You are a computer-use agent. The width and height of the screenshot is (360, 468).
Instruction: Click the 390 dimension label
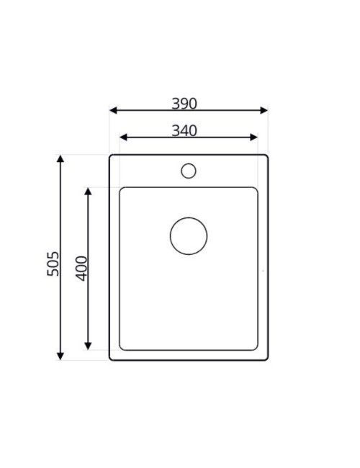pyautogui.click(x=184, y=104)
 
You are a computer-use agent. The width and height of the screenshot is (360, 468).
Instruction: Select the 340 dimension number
pyautogui.click(x=184, y=131)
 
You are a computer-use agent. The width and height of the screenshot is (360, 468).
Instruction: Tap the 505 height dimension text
pyautogui.click(x=53, y=264)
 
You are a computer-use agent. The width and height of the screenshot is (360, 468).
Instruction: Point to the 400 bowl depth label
pyautogui.click(x=81, y=269)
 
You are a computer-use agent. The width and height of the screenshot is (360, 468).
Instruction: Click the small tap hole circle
pyautogui.click(x=189, y=171)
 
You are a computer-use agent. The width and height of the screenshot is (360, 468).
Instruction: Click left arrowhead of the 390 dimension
pyautogui.click(x=114, y=110)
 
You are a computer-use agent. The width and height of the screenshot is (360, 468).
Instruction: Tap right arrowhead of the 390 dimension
pyautogui.click(x=264, y=110)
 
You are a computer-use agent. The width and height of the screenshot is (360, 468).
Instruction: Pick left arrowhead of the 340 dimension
pyautogui.click(x=123, y=138)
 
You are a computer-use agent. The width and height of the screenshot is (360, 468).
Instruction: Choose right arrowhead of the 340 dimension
pyautogui.click(x=253, y=138)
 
